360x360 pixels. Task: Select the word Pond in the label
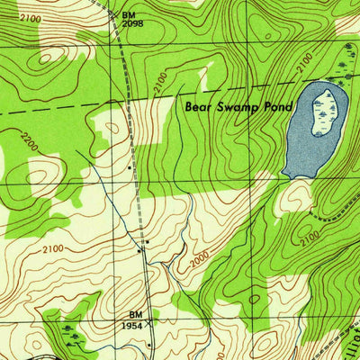pos(280,106)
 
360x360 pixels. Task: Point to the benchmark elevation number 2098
pos(133,24)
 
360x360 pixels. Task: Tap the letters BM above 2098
pos(129,15)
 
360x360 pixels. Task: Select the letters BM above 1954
pos(134,312)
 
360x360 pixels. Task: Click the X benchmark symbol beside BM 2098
pos(115,15)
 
